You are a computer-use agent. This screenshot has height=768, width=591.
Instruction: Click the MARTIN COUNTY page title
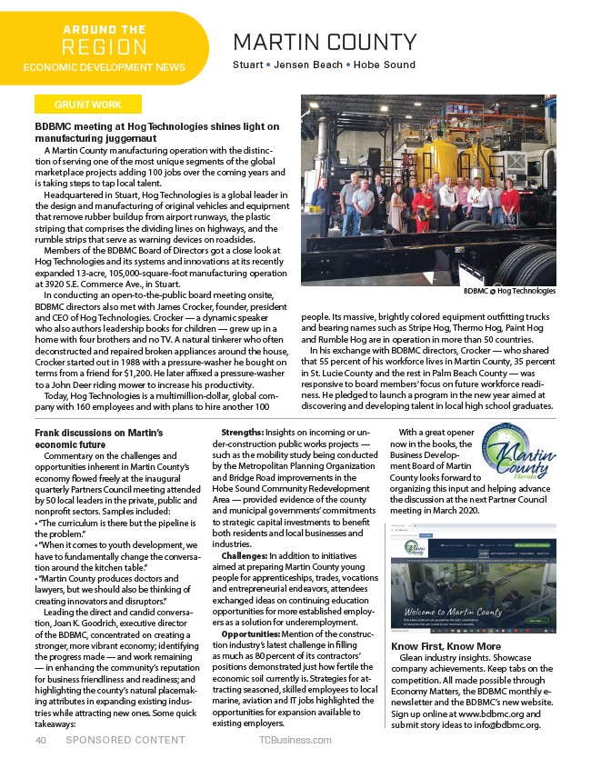click(x=325, y=42)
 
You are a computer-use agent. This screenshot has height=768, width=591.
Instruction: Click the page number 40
click(x=41, y=740)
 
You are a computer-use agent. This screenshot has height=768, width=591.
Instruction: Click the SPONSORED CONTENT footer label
click(x=125, y=740)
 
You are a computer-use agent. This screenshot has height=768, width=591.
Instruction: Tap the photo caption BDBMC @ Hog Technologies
click(x=508, y=291)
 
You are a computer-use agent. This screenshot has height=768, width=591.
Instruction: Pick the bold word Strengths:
click(x=243, y=432)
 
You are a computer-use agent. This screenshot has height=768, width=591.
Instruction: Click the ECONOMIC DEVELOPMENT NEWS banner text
click(x=104, y=67)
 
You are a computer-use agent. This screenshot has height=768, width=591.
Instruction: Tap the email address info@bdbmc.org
click(x=502, y=724)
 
